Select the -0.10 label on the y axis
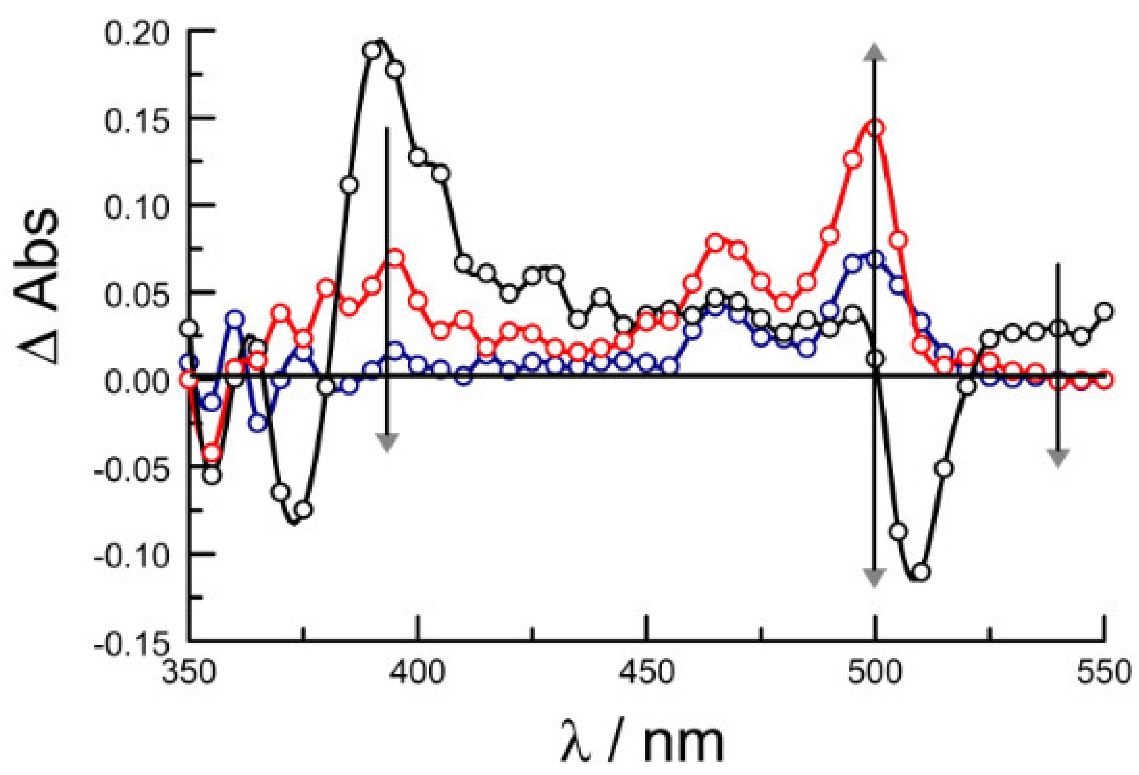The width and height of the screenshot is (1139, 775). (131, 557)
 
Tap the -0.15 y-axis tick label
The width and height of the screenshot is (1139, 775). (131, 644)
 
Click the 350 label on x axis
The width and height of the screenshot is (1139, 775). (189, 673)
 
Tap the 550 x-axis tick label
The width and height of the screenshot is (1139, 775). (1104, 673)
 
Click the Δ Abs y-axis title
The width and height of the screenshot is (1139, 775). (37, 287)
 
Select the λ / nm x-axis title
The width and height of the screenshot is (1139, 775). (642, 742)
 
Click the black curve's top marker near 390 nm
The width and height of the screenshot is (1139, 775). (372, 50)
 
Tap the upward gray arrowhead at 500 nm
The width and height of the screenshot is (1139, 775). (875, 52)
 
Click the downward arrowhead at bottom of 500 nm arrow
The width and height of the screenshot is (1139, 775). (875, 577)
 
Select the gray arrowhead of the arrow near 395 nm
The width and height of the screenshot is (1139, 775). (388, 442)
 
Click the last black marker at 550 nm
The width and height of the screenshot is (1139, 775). (1104, 311)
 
